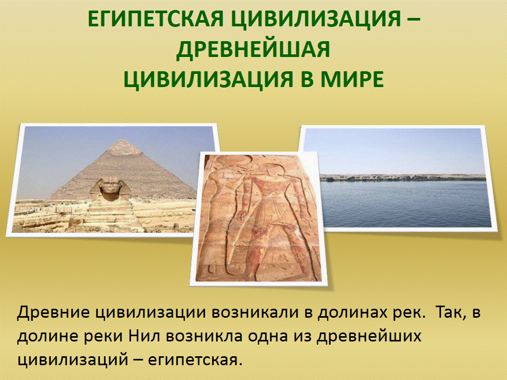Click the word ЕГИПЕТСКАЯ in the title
tap(156, 19)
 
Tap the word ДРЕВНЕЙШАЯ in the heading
tap(253, 49)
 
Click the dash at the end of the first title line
tap(412, 20)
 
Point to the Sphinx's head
tap(110, 188)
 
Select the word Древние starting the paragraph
tap(53, 312)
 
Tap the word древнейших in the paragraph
tap(369, 336)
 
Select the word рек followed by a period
tap(409, 313)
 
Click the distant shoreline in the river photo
tap(403, 178)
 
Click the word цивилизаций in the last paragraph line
tap(71, 359)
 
